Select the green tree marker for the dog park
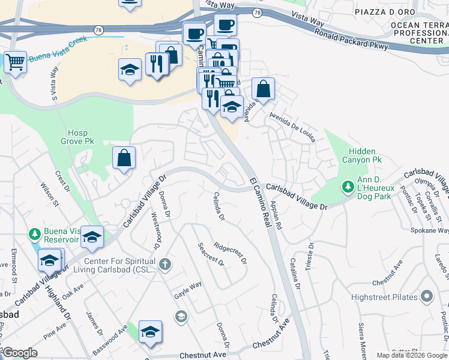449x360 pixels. (347, 187)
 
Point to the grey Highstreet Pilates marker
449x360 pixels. (427, 296)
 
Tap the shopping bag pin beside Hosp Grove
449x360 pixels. (124, 158)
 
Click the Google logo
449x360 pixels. (20, 353)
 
